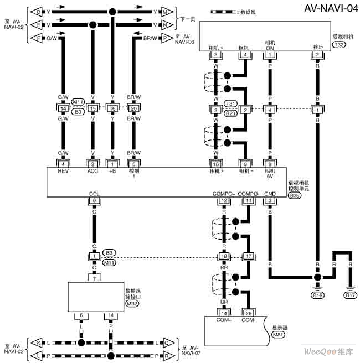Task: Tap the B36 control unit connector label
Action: [x=295, y=195]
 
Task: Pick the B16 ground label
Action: [x=317, y=295]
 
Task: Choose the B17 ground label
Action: [x=351, y=295]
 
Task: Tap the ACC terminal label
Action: [x=92, y=171]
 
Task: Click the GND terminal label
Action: [x=270, y=194]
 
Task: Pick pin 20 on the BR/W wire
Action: [x=133, y=108]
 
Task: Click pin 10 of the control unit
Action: [x=217, y=164]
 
